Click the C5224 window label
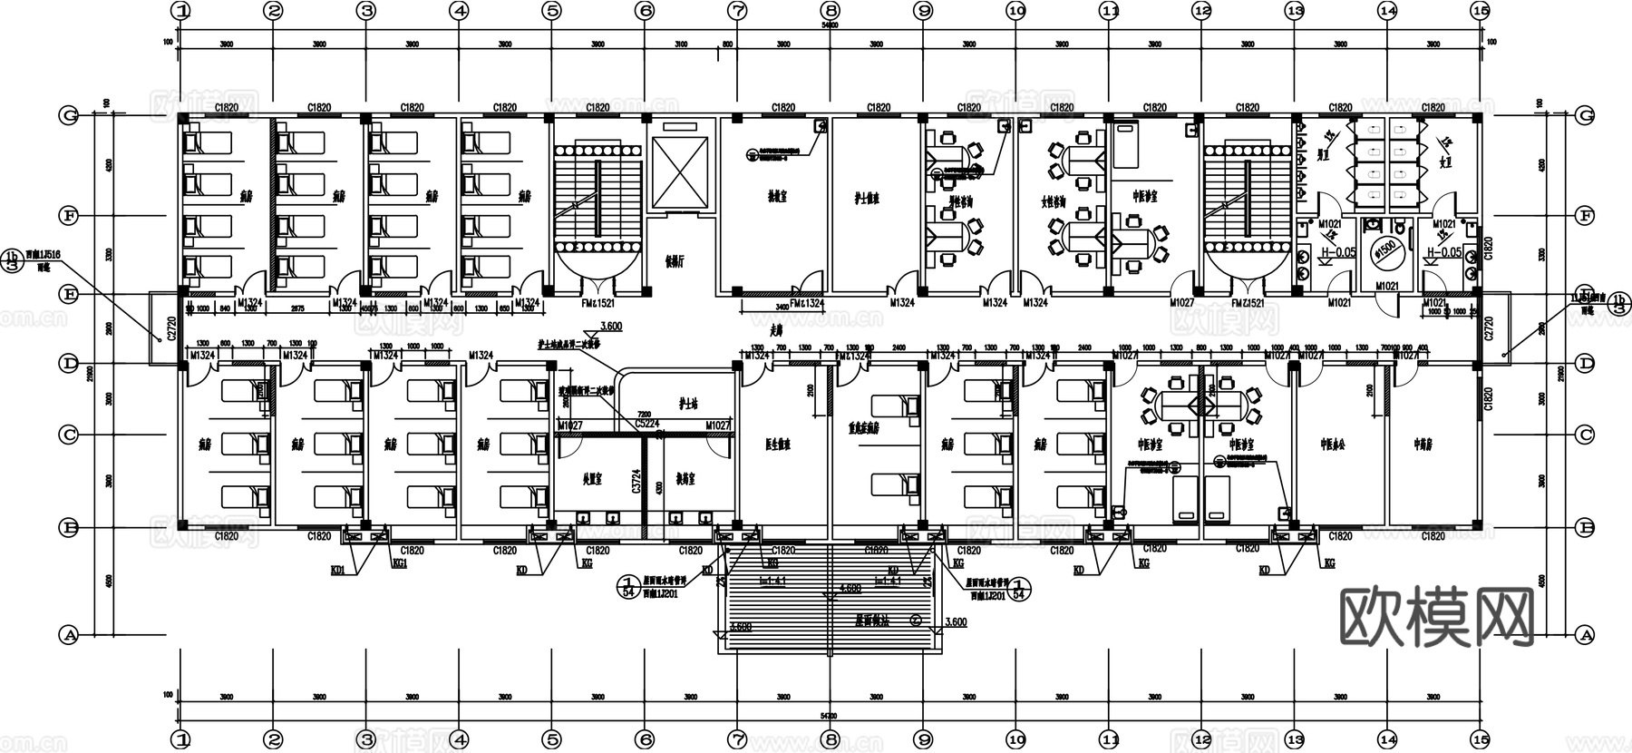tap(646, 424)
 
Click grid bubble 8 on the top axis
tap(831, 11)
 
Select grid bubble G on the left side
tap(69, 115)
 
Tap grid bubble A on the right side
tap(1585, 635)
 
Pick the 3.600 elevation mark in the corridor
tap(612, 327)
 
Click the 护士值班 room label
tap(867, 198)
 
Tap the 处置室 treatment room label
tap(591, 479)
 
